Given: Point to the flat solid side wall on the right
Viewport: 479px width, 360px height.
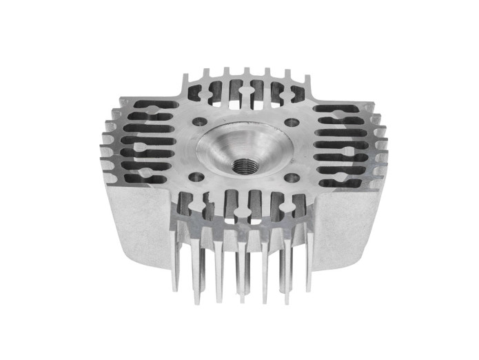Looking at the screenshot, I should pos(345,221).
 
